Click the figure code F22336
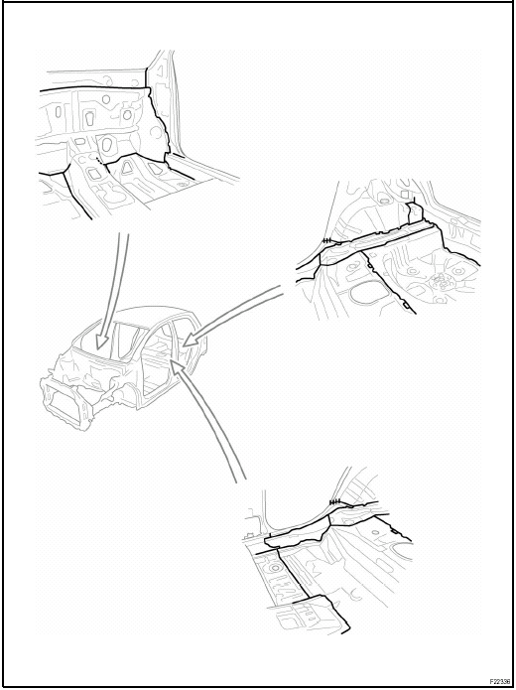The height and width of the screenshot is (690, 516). pyautogui.click(x=500, y=681)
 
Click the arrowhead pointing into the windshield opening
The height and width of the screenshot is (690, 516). pyautogui.click(x=102, y=342)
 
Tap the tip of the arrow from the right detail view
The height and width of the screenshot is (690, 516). pyautogui.click(x=183, y=345)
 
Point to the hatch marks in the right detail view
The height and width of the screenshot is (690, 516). pyautogui.click(x=326, y=240)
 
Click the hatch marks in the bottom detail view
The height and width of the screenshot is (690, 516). pyautogui.click(x=335, y=501)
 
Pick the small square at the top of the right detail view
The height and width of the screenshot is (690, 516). pyautogui.click(x=404, y=195)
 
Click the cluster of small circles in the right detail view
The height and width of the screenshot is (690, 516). pyautogui.click(x=441, y=280)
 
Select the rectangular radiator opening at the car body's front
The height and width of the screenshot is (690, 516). pyautogui.click(x=66, y=403)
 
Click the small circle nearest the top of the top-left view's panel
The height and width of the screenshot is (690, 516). pyautogui.click(x=106, y=99)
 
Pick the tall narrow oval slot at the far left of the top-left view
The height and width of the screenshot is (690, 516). pyautogui.click(x=58, y=112)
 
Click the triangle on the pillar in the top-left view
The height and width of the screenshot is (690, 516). pyautogui.click(x=160, y=70)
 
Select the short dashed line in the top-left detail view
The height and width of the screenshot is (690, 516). pyautogui.click(x=101, y=162)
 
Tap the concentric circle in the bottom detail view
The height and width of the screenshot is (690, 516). pyautogui.click(x=276, y=568)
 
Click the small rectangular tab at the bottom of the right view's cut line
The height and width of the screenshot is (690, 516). pyautogui.click(x=408, y=305)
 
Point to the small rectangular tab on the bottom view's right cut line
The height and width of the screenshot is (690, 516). pyautogui.click(x=395, y=531)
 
